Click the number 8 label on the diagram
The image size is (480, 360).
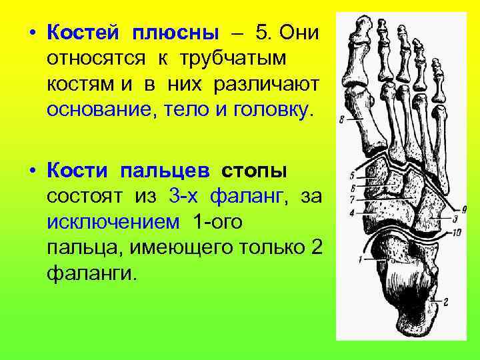[x=341, y=121]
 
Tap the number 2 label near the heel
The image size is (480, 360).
[x=445, y=302]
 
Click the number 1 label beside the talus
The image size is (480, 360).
[x=359, y=258]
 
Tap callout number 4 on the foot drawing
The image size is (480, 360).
[x=351, y=213]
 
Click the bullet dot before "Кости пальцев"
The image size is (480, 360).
[x=32, y=171]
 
